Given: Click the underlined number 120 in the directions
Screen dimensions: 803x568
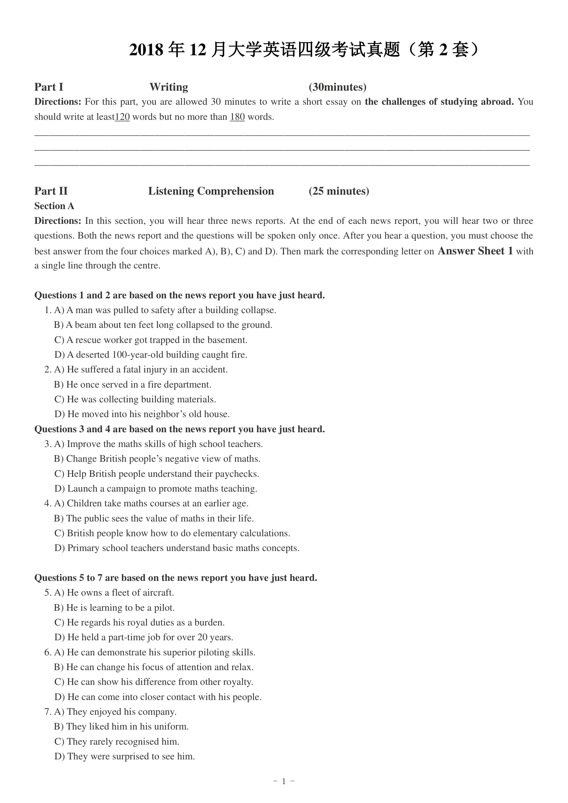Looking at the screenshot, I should coord(122,117).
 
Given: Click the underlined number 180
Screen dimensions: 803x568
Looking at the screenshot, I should coord(237,117).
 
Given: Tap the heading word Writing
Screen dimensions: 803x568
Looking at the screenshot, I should coord(169,87).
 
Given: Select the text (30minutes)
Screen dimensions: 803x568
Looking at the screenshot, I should coord(338,87).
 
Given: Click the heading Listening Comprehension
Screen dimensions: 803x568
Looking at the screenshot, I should coord(211,191).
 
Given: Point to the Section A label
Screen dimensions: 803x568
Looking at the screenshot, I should coord(54,206).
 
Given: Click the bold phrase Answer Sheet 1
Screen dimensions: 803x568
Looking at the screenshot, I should coord(475,251).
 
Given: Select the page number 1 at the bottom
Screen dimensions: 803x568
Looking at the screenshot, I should coord(284,781).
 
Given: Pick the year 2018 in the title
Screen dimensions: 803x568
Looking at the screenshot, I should coord(146,50).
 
